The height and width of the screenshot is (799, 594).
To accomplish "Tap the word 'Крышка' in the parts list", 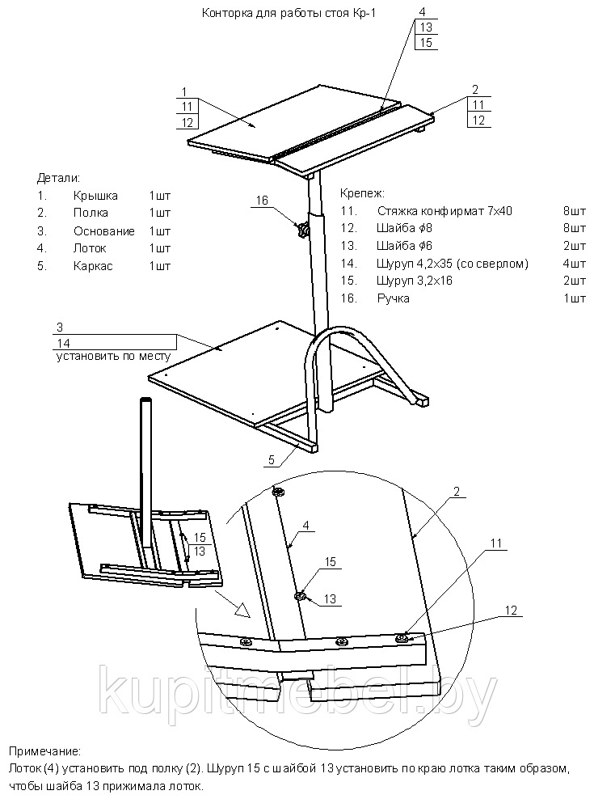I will point(95,196).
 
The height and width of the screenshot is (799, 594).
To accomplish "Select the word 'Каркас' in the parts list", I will point(92,265).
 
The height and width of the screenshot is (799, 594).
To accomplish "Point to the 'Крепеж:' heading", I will point(361,194).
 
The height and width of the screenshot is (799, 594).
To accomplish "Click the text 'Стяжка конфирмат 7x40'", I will point(444,211).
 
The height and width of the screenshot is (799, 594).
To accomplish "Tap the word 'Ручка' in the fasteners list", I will point(393,298).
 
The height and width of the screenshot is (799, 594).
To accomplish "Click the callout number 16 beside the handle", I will point(261,201).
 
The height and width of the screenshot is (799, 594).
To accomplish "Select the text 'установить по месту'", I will point(113,356).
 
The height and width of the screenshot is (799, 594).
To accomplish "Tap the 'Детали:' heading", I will point(59,177).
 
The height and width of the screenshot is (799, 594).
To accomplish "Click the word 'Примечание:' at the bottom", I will point(47,752).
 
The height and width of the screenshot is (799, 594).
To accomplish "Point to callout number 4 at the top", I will point(422,11).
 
